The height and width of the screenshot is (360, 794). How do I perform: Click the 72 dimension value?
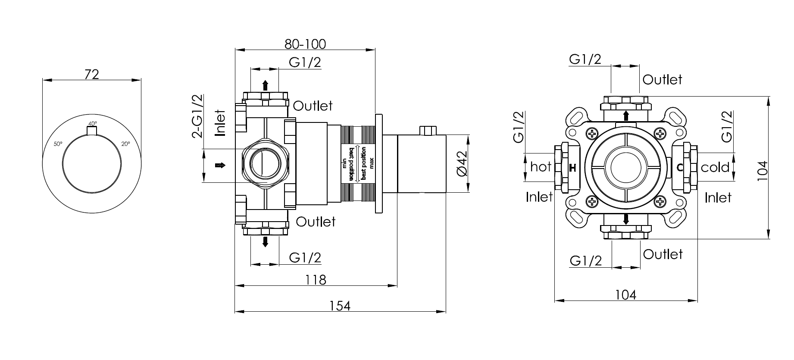tap(92, 74)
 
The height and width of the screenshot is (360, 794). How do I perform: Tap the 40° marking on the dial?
tap(93, 123)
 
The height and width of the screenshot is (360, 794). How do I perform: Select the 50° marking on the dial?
tap(58, 144)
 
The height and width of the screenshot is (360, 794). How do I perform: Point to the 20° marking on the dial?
tap(125, 144)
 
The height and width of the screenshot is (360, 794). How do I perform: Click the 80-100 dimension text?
tap(305, 44)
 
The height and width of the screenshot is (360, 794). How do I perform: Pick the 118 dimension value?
tap(316, 280)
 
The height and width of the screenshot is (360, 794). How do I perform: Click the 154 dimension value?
tap(340, 306)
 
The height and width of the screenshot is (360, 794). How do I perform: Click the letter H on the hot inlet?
tap(572, 168)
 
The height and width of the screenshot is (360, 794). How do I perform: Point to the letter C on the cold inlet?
tap(680, 168)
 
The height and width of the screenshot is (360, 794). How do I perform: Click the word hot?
tap(541, 167)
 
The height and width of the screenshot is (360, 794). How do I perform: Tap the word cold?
tap(715, 167)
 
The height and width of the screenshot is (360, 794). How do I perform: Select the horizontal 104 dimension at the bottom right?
tap(626, 295)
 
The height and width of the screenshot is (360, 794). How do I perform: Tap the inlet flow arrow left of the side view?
tap(220, 166)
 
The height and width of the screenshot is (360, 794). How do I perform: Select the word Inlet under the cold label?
tap(718, 197)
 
